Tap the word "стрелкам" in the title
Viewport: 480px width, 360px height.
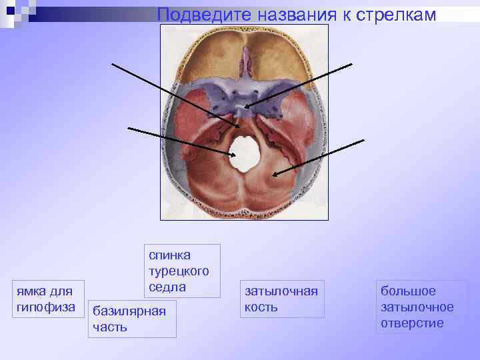point(398,15)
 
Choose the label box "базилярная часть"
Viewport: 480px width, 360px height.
point(132,319)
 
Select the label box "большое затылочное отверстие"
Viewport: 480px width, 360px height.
point(417,307)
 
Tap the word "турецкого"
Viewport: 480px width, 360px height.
point(179,271)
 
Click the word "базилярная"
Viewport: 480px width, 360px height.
point(129,311)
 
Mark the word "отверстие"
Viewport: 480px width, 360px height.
point(412,323)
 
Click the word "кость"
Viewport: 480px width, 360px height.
point(261,307)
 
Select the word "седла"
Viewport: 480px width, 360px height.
point(167,287)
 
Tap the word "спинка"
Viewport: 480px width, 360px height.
point(169,255)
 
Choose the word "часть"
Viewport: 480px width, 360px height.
point(110,327)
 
